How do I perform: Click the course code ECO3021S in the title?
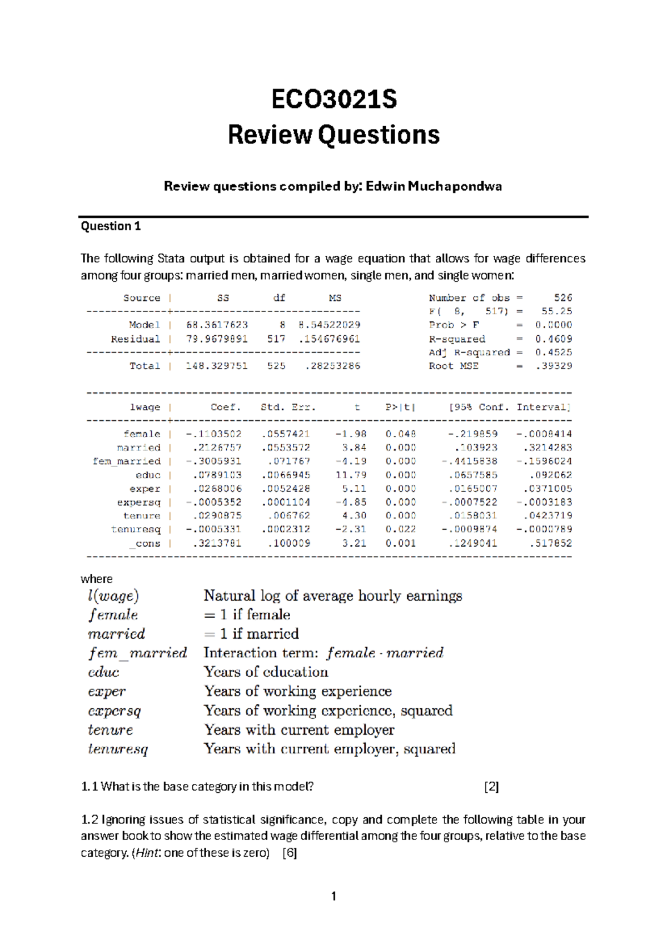(334, 100)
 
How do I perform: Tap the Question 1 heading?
(111, 226)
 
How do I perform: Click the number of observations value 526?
(563, 298)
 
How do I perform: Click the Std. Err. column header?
(288, 407)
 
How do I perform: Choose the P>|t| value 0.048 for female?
(400, 434)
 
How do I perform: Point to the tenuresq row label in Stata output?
(136, 529)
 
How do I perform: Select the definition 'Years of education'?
(266, 672)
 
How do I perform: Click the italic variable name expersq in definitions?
(115, 711)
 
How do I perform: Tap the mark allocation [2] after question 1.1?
(491, 786)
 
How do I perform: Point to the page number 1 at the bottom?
(333, 896)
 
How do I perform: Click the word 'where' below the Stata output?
(97, 579)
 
